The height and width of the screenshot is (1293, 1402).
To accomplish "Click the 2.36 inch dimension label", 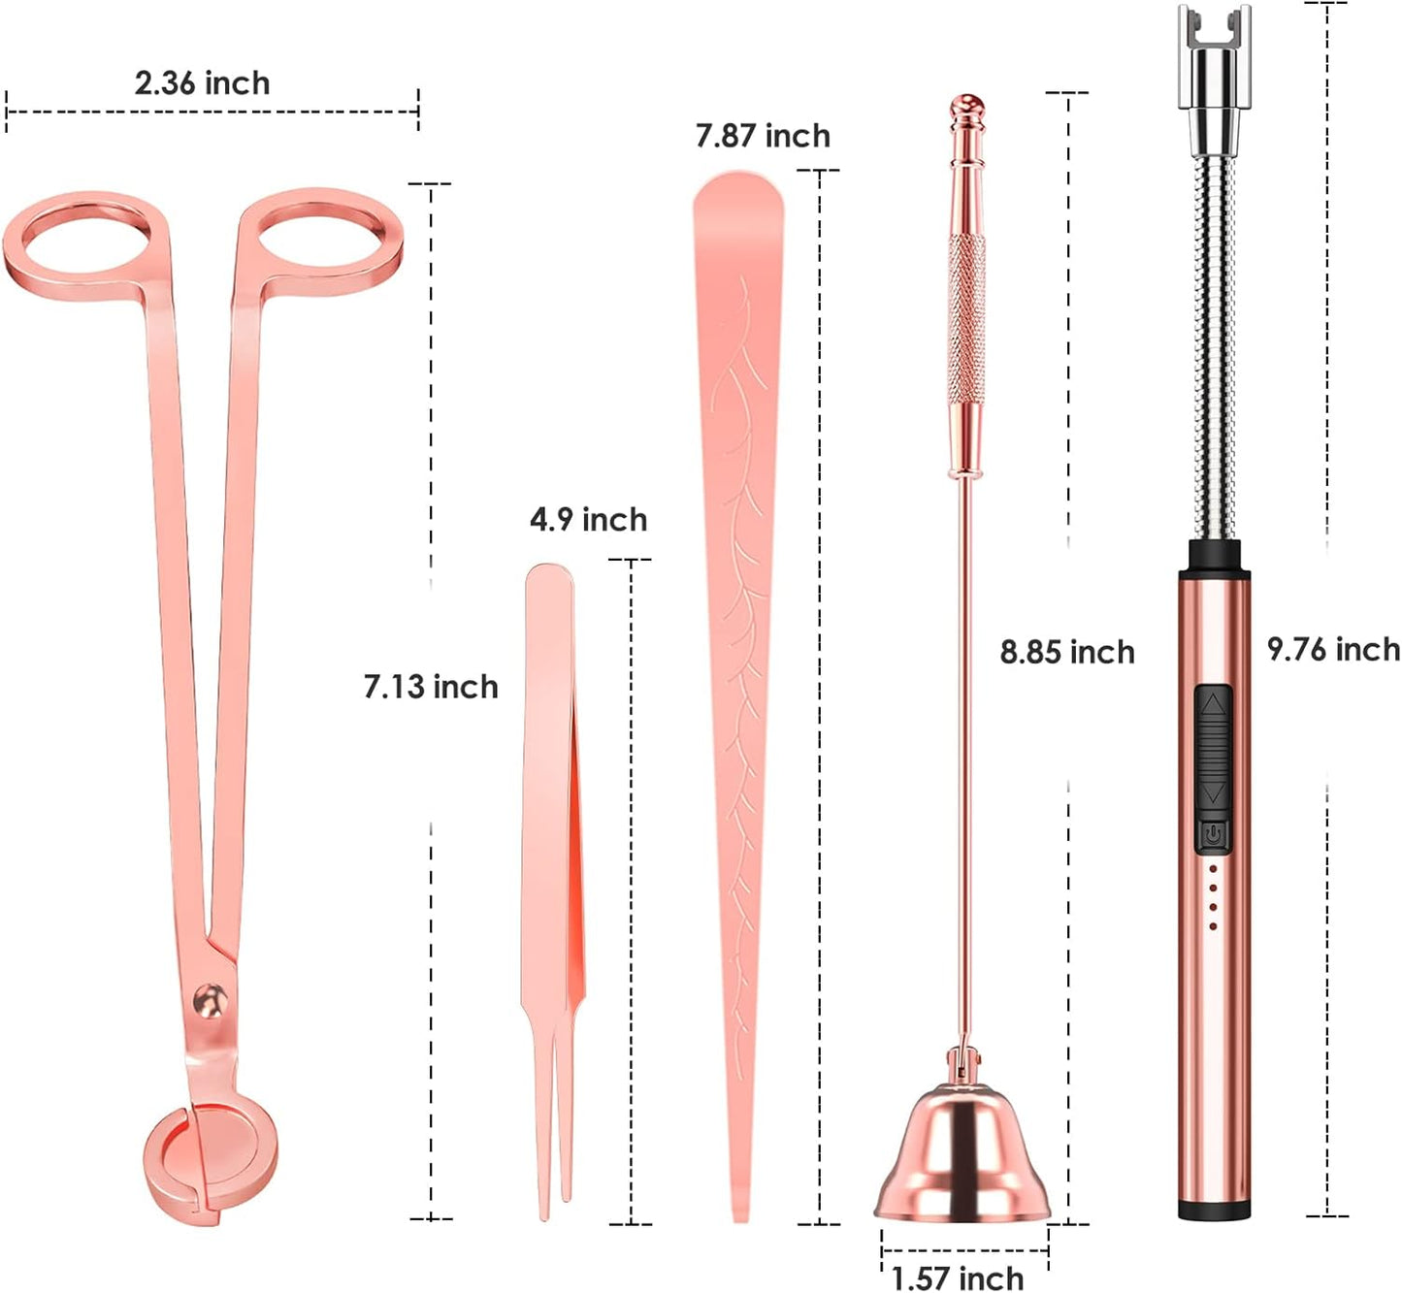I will pyautogui.click(x=202, y=83).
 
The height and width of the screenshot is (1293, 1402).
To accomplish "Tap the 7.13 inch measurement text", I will pyautogui.click(x=431, y=687).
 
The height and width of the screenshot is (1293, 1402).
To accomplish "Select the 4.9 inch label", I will pyautogui.click(x=588, y=520).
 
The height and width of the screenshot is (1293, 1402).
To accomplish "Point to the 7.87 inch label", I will pyautogui.click(x=763, y=136).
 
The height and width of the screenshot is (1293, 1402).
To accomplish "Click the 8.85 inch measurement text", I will pyautogui.click(x=1067, y=652).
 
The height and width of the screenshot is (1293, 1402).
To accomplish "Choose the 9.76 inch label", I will pyautogui.click(x=1333, y=649).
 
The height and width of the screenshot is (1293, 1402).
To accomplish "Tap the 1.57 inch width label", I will pyautogui.click(x=958, y=1277).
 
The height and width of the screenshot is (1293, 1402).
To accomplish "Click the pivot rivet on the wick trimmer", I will pyautogui.click(x=209, y=1000).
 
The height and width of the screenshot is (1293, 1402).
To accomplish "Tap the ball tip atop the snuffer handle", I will pyautogui.click(x=966, y=103).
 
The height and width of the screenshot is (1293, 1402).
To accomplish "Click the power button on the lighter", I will pyautogui.click(x=1213, y=834).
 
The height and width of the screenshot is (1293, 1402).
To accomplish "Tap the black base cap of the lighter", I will pyautogui.click(x=1214, y=1210).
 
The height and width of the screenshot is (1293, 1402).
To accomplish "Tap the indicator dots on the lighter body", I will pyautogui.click(x=1213, y=898).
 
